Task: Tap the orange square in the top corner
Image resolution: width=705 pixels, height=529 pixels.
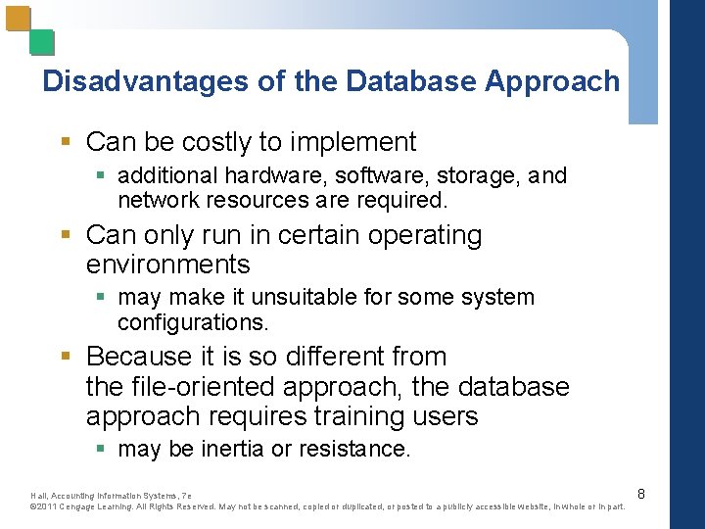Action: [x=18, y=19]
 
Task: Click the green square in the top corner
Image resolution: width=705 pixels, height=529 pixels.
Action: [x=41, y=42]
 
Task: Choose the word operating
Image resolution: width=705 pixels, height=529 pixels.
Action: [x=424, y=236]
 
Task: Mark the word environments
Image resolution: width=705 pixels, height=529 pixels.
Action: [x=167, y=264]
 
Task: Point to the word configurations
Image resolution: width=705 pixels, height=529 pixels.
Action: [x=192, y=322]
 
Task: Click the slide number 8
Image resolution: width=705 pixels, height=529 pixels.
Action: [x=641, y=495]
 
